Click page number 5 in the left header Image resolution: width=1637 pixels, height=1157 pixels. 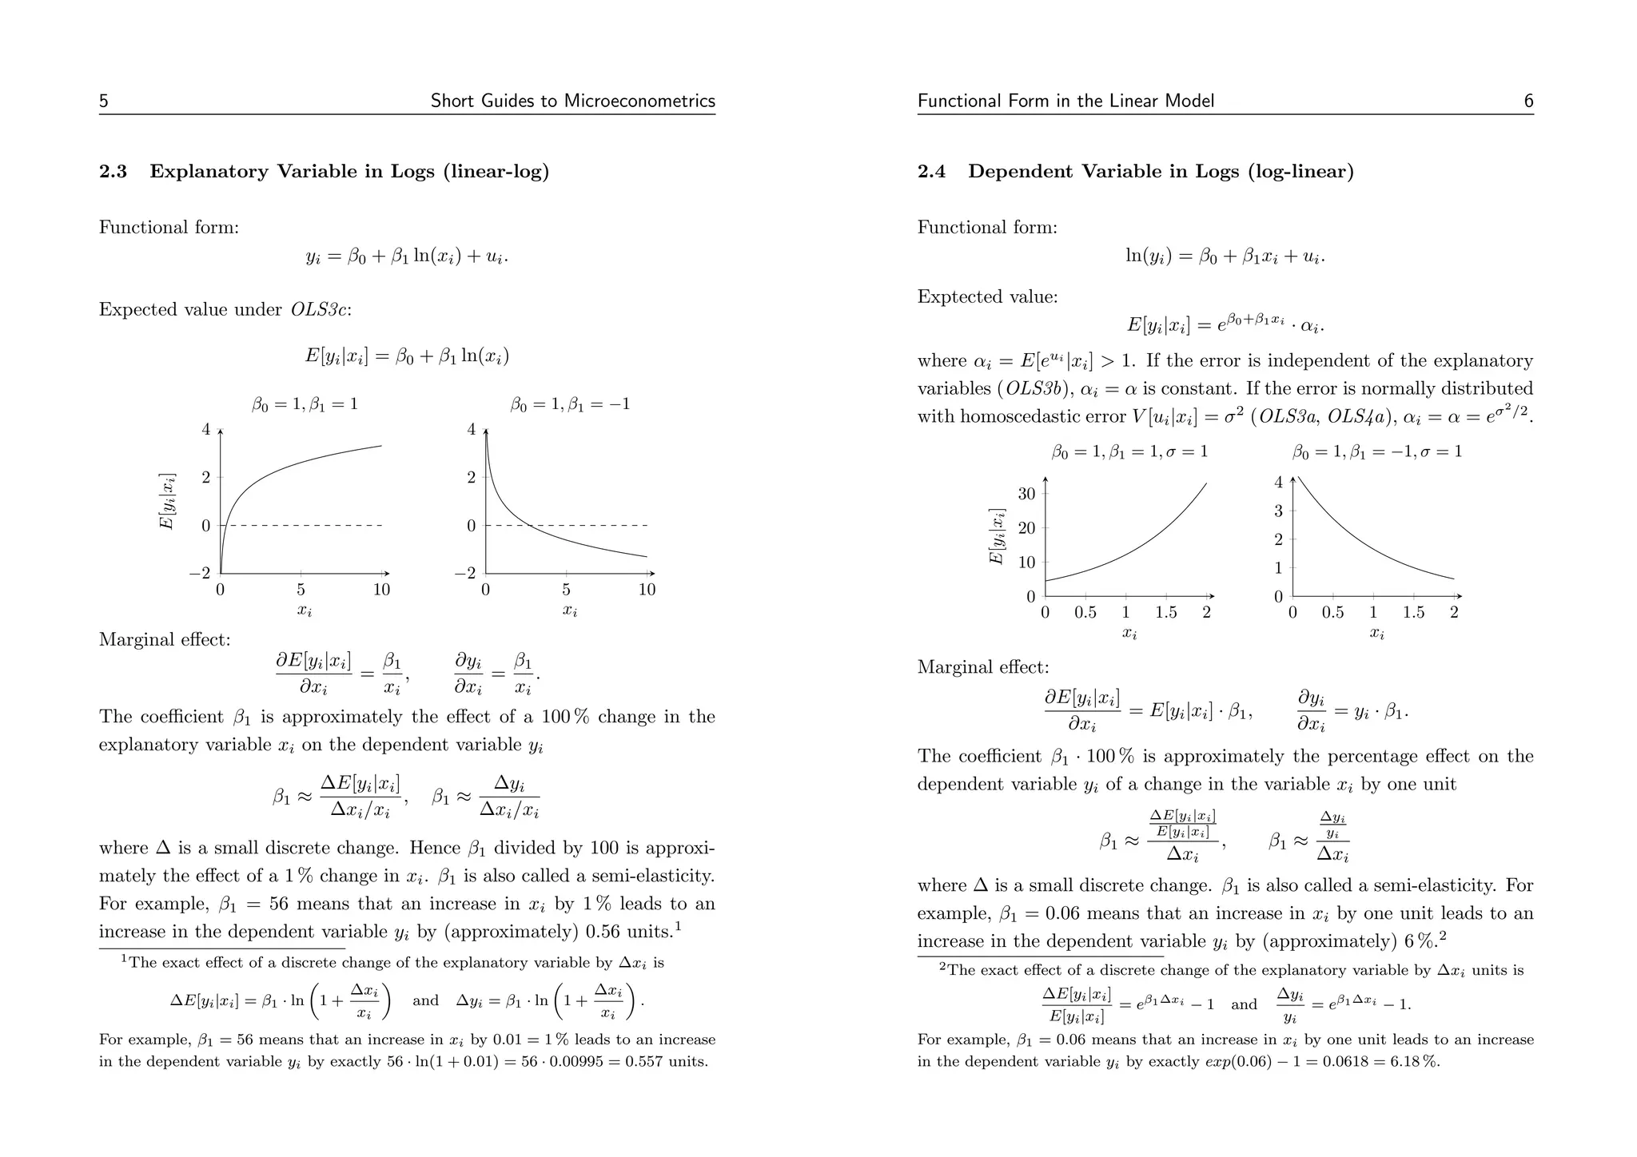click(x=104, y=101)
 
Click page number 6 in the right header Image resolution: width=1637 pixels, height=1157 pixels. click(x=1528, y=101)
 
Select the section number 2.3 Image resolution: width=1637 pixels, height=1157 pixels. click(x=113, y=172)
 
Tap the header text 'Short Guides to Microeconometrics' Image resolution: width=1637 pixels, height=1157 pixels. click(x=572, y=101)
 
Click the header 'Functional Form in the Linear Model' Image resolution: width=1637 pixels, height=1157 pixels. click(x=1065, y=101)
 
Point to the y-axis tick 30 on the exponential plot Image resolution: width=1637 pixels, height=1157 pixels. click(x=1026, y=494)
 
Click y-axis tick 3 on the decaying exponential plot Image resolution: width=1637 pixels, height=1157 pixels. click(x=1278, y=511)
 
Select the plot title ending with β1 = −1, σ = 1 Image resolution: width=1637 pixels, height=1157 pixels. click(x=1376, y=452)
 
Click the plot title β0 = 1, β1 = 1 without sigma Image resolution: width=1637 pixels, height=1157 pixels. click(x=305, y=404)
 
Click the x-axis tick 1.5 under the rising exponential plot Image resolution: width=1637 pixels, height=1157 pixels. click(x=1165, y=613)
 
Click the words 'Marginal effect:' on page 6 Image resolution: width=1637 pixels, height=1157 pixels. click(x=982, y=667)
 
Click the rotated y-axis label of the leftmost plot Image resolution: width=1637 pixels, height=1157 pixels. click(x=166, y=501)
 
